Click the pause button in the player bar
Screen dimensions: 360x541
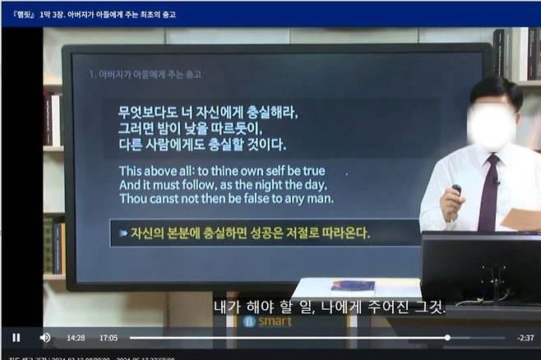point(16,338)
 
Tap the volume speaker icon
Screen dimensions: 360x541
point(44,338)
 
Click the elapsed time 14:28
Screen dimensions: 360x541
point(76,338)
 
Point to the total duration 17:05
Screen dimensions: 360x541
point(109,338)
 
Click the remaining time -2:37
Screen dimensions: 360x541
point(525,338)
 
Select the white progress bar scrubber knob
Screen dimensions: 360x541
point(447,338)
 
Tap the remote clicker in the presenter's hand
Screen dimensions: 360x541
point(456,192)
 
